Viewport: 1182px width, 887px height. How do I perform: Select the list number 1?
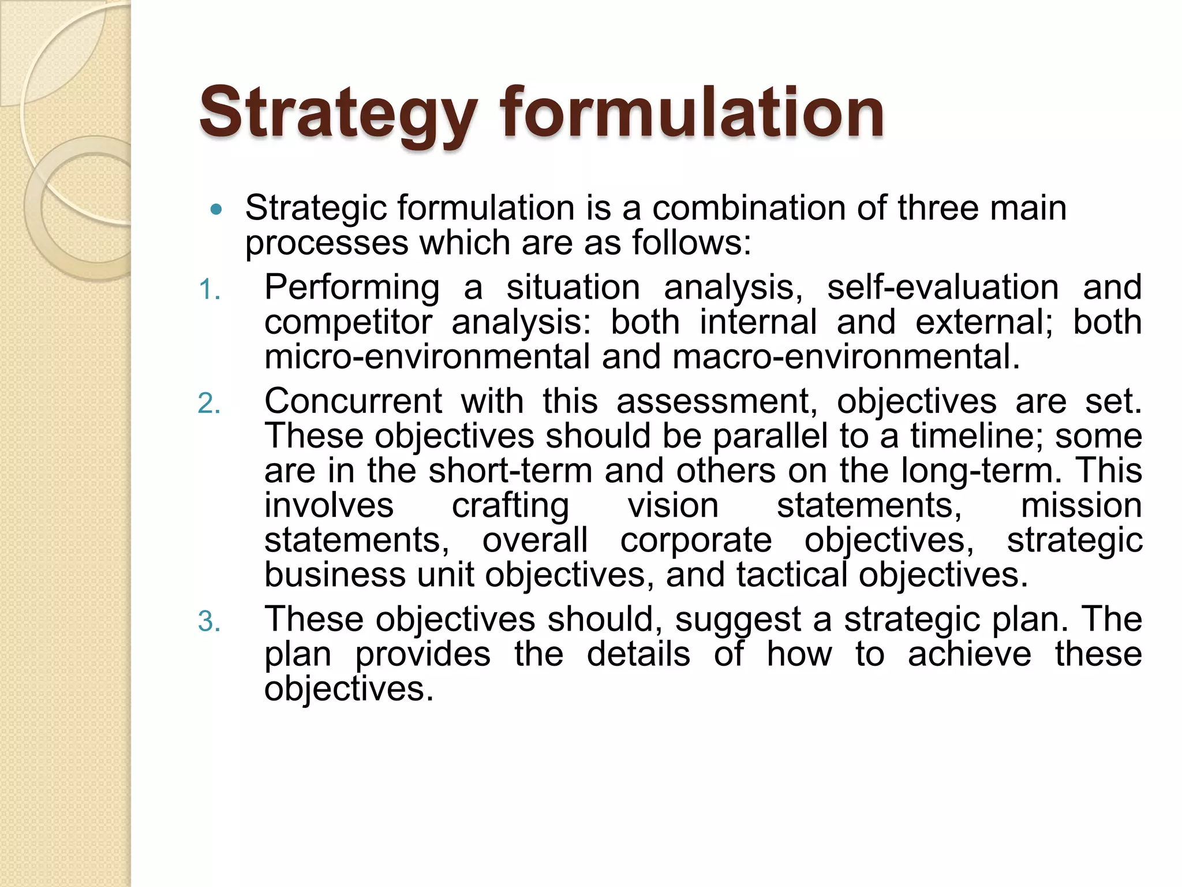(x=209, y=289)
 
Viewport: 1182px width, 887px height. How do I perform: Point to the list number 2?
(x=209, y=403)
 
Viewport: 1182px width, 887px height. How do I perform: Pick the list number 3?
(x=209, y=621)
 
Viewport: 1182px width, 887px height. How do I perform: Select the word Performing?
(x=352, y=288)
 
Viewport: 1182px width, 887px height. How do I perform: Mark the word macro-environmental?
(x=846, y=356)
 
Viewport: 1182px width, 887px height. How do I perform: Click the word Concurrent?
(x=353, y=401)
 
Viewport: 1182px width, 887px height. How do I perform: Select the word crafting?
(x=510, y=506)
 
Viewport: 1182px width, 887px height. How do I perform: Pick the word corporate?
(x=696, y=541)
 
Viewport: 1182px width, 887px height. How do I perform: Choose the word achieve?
(x=969, y=654)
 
